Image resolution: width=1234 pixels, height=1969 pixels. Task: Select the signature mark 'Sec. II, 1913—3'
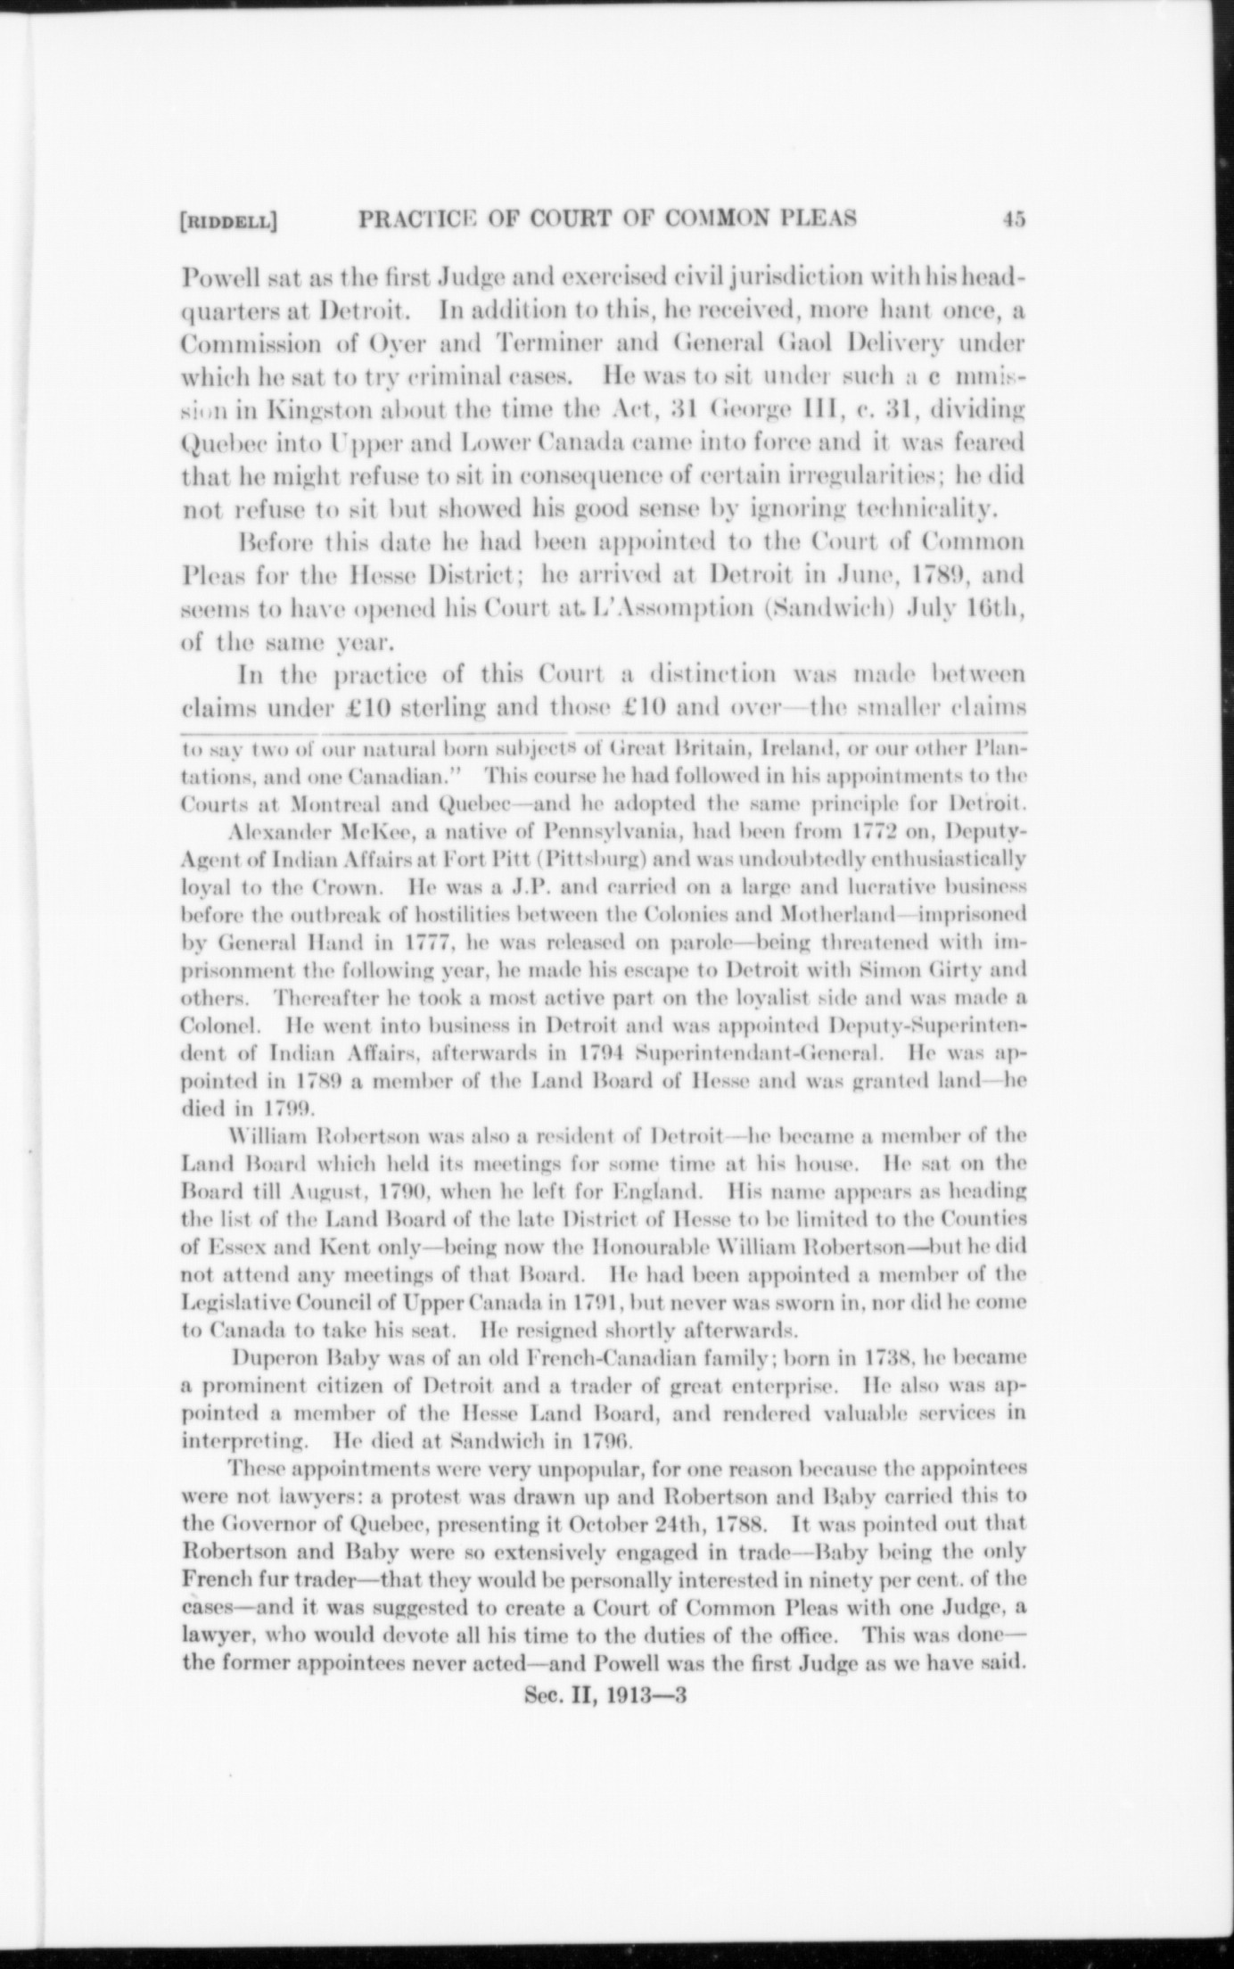click(604, 1698)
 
